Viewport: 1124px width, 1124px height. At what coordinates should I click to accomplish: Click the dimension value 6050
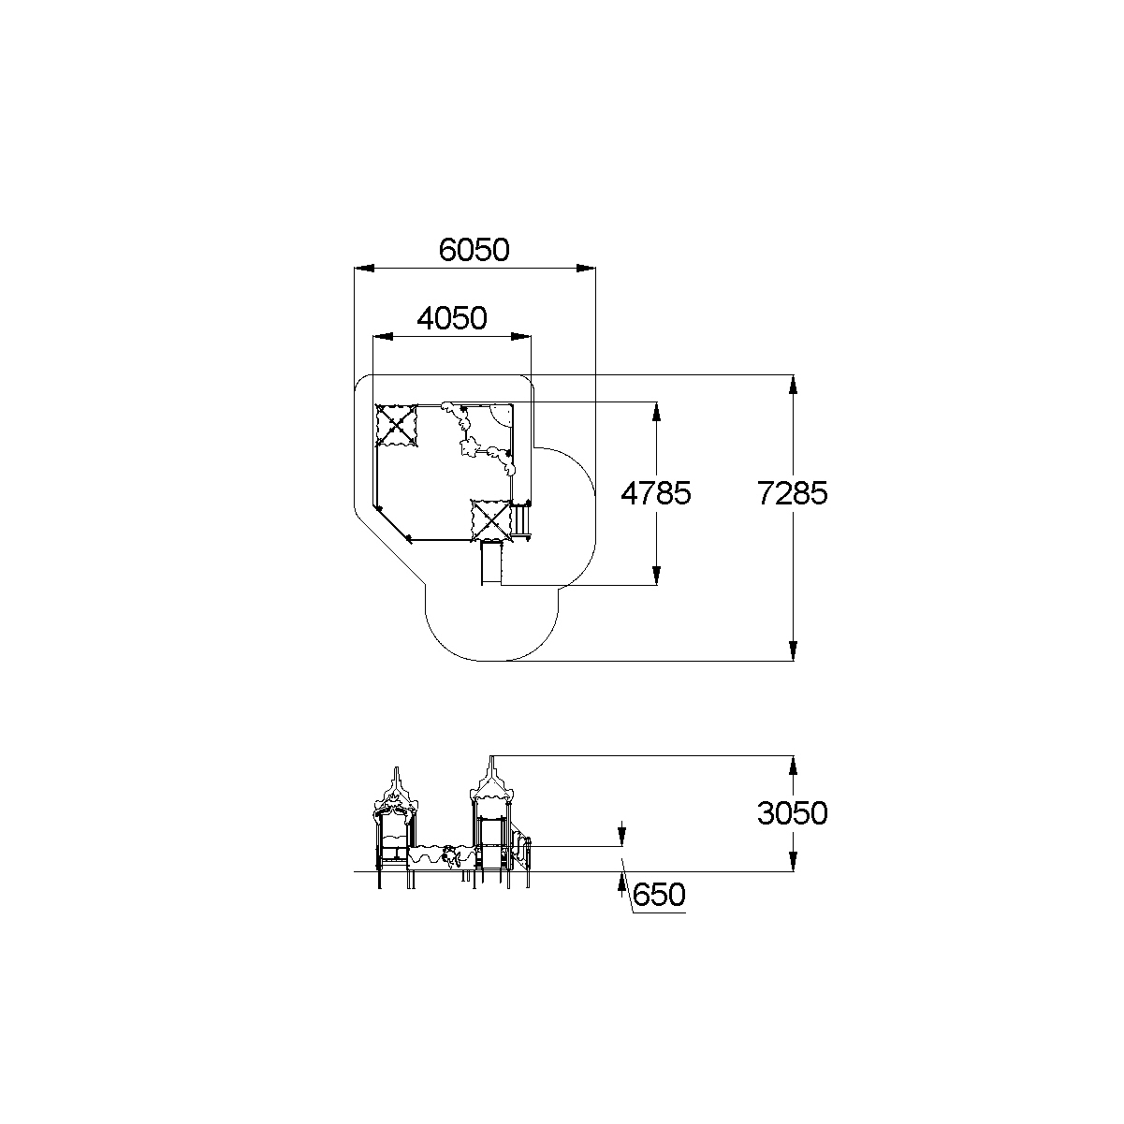tap(474, 250)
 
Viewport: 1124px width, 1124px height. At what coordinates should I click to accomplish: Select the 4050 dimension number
tap(452, 318)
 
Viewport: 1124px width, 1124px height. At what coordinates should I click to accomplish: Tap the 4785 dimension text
tap(656, 493)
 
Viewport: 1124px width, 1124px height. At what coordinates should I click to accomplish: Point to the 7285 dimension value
tap(792, 493)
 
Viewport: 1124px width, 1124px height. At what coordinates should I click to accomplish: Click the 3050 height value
tap(792, 813)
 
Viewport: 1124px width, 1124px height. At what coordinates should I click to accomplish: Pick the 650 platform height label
tap(659, 895)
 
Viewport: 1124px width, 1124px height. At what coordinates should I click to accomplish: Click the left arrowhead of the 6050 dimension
tap(364, 269)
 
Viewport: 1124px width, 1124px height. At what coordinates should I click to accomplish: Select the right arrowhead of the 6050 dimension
tap(586, 269)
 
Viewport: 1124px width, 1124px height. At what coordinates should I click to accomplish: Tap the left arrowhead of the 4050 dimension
tap(383, 337)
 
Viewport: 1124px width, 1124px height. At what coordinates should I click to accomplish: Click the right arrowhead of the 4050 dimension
tap(521, 337)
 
